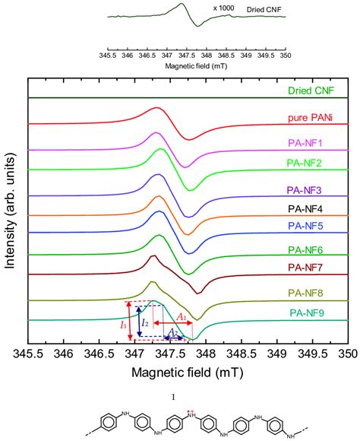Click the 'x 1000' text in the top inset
(x=223, y=10)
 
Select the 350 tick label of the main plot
(x=347, y=354)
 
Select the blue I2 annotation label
(x=145, y=323)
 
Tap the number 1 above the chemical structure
(x=173, y=396)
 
